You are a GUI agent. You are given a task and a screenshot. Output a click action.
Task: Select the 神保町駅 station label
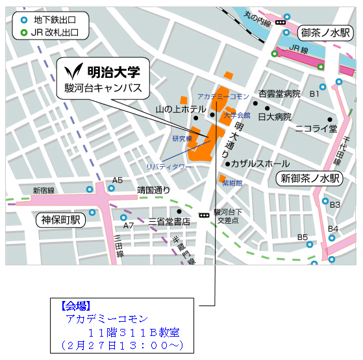point(60,219)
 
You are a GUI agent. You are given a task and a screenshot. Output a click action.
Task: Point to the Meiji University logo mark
point(77,70)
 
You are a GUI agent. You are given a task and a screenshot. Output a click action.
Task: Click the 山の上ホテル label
point(181,109)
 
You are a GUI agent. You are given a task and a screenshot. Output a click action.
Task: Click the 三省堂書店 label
point(169,221)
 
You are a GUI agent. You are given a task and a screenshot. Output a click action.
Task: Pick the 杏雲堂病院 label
point(279,94)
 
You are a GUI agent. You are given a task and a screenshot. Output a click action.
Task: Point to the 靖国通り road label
point(153,190)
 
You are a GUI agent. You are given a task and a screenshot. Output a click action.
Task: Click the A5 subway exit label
point(118,180)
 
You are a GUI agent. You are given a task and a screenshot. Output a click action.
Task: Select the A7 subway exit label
point(128,225)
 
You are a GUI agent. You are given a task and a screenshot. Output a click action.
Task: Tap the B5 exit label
point(303,237)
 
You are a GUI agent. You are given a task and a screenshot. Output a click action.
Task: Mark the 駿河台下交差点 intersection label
point(229,216)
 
